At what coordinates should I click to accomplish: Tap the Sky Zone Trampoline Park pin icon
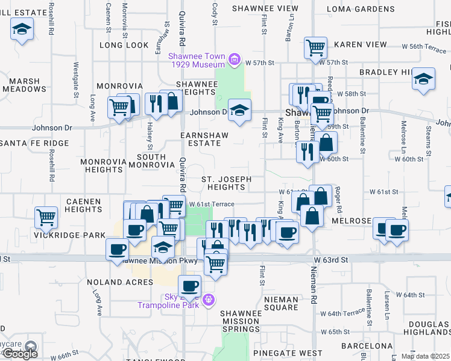pyautogui.click(x=209, y=299)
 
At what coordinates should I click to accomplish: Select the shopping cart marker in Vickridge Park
pyautogui.click(x=46, y=218)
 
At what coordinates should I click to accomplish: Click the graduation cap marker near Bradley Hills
pyautogui.click(x=424, y=78)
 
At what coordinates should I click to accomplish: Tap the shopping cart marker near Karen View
pyautogui.click(x=316, y=47)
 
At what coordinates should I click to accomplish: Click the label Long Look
pyautogui.click(x=124, y=45)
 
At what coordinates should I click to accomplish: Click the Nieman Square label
pyautogui.click(x=281, y=303)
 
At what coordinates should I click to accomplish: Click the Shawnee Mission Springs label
pyautogui.click(x=241, y=321)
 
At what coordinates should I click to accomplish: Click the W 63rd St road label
pyautogui.click(x=331, y=260)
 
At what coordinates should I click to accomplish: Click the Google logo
pyautogui.click(x=20, y=354)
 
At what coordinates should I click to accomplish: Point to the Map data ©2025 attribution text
pyautogui.click(x=425, y=356)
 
